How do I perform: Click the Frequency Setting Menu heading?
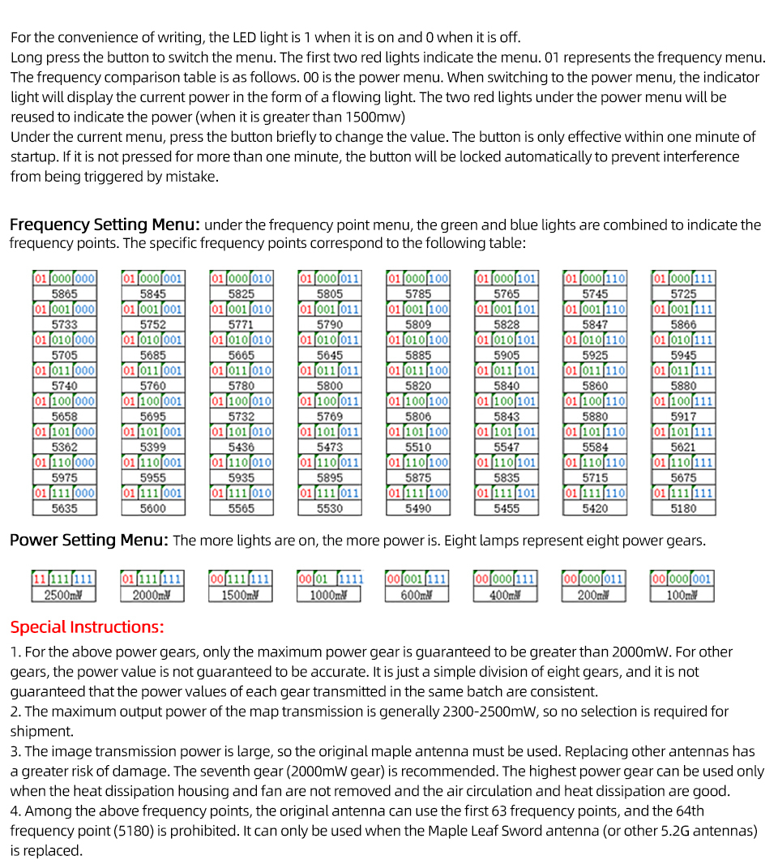click(x=105, y=224)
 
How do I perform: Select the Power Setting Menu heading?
click(x=89, y=540)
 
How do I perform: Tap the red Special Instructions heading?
click(x=87, y=626)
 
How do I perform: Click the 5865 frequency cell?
click(x=64, y=293)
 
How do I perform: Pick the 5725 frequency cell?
click(x=683, y=293)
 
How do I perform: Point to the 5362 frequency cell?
click(x=64, y=447)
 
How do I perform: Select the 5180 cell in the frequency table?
click(x=683, y=508)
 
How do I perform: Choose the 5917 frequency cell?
click(x=683, y=417)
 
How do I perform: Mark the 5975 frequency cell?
click(x=64, y=477)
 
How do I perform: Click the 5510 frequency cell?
click(x=418, y=447)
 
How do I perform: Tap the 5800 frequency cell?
click(x=330, y=386)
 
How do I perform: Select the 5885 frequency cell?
click(x=418, y=355)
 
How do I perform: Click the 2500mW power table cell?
click(x=64, y=595)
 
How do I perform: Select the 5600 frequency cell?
click(x=152, y=508)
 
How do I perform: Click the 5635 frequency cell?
click(x=64, y=508)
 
